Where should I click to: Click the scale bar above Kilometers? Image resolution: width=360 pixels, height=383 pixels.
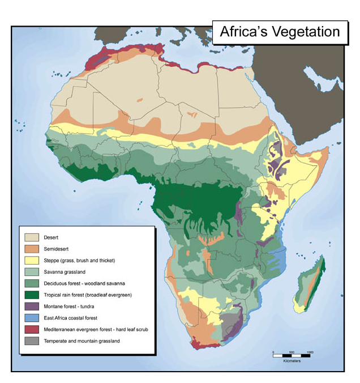pyautogui.click(x=291, y=356)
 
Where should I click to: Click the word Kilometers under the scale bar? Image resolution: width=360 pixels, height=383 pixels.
pyautogui.click(x=291, y=361)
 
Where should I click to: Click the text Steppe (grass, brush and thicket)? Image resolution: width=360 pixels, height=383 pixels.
pyautogui.click(x=79, y=261)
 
